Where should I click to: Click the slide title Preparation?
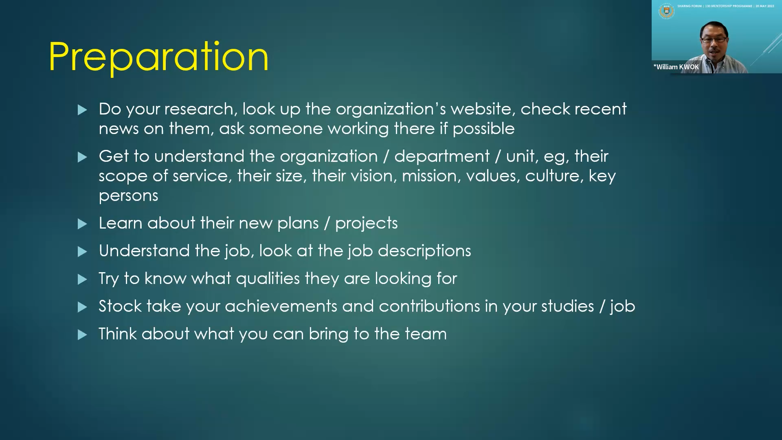tap(158, 57)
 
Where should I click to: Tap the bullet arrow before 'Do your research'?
tap(82, 110)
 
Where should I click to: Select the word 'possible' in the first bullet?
tap(483, 129)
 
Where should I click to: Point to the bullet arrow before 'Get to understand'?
tap(82, 157)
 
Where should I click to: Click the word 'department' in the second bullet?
tap(442, 157)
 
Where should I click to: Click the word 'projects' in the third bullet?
tap(367, 224)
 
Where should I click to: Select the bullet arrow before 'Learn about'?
tap(82, 224)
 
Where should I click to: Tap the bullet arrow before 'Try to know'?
tap(82, 279)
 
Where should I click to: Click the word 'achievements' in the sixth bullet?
tap(281, 306)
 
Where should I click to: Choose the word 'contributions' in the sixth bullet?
tap(411, 306)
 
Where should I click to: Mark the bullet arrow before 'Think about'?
tap(82, 335)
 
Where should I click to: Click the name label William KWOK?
tap(676, 67)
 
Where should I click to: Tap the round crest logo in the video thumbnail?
tap(666, 11)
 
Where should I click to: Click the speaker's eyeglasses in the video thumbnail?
tap(714, 40)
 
